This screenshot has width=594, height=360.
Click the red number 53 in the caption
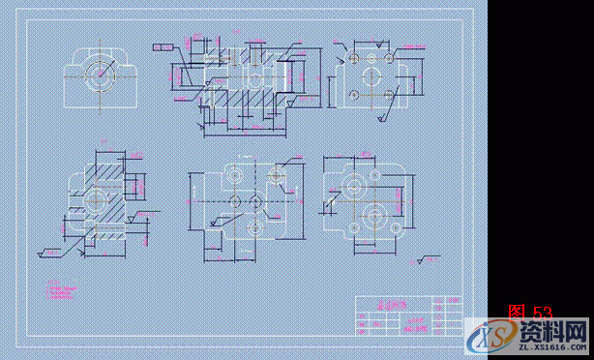(543, 313)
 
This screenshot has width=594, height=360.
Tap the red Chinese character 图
(518, 313)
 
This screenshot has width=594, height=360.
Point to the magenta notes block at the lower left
(60, 289)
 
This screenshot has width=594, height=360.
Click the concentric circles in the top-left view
(98, 73)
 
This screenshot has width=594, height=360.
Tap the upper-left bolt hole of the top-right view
(354, 59)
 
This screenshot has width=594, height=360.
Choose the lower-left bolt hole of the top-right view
(354, 93)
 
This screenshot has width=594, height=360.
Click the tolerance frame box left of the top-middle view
(164, 45)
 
